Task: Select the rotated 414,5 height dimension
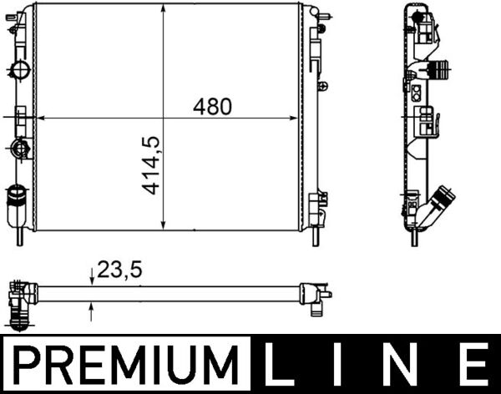click(151, 166)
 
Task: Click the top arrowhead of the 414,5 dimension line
click(163, 11)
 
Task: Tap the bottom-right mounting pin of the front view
click(316, 238)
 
